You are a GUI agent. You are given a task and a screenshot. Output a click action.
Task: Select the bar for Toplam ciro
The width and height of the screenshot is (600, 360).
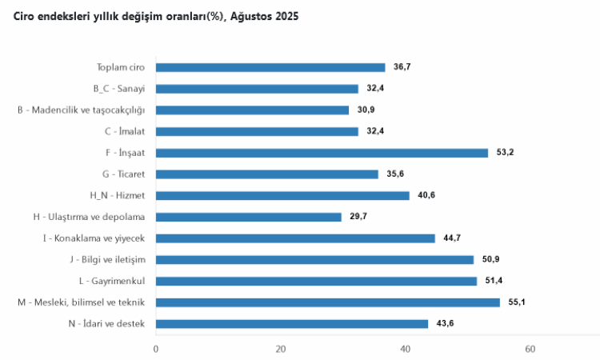270,67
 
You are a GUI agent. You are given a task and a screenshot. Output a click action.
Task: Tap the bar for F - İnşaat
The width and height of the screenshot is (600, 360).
322,153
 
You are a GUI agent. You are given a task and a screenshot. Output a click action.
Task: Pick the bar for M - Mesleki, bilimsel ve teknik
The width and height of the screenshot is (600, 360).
328,302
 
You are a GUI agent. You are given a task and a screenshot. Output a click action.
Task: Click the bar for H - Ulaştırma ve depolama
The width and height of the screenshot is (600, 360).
249,217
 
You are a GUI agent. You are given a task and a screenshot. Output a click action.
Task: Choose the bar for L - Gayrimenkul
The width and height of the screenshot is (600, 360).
316,281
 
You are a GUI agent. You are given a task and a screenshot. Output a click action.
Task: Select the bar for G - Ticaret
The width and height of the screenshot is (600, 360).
267,174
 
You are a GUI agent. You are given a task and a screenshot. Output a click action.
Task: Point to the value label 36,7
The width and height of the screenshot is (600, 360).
402,67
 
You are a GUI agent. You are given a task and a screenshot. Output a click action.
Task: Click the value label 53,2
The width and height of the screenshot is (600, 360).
505,153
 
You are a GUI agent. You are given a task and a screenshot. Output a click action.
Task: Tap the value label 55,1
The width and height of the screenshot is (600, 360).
517,302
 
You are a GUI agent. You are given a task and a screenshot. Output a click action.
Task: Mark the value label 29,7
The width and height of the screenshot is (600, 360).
358,217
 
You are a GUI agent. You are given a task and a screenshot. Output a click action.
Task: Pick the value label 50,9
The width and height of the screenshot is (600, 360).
490,259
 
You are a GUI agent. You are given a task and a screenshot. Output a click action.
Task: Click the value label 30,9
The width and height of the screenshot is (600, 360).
366,110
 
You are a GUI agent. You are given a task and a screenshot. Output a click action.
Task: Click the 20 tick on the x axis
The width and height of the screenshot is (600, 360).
281,349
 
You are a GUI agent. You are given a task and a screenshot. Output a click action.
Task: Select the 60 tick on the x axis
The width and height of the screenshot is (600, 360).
530,349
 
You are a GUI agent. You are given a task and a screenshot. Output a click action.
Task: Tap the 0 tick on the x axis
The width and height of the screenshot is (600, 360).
156,349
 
